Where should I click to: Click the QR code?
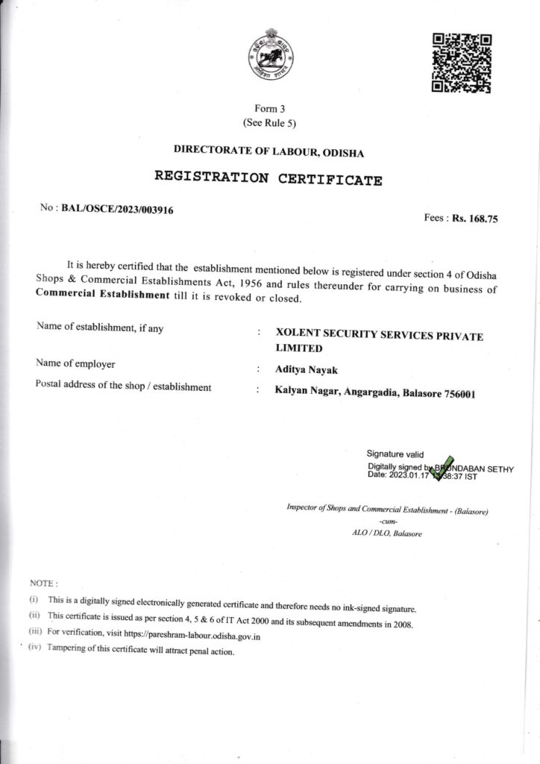[x=462, y=63]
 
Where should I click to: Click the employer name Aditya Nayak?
[x=301, y=368]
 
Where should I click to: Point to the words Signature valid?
[x=395, y=454]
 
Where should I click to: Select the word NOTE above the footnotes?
[x=43, y=582]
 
